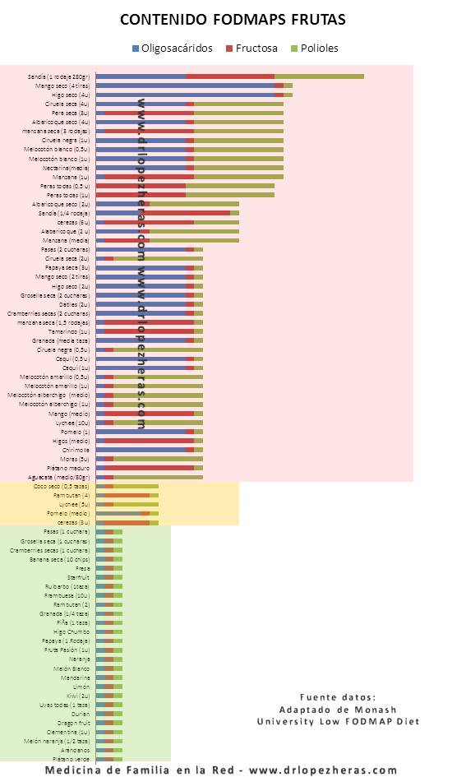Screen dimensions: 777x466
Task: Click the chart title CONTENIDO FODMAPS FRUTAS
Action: pos(233,19)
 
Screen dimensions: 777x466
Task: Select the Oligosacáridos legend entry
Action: pos(177,48)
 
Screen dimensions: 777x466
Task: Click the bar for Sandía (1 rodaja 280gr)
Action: pos(229,76)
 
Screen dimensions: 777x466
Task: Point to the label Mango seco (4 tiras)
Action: pos(62,86)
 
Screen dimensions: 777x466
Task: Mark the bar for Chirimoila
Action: pos(149,450)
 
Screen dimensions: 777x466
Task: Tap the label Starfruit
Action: pos(79,577)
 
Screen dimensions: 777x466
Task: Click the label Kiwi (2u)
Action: pos(78,696)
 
